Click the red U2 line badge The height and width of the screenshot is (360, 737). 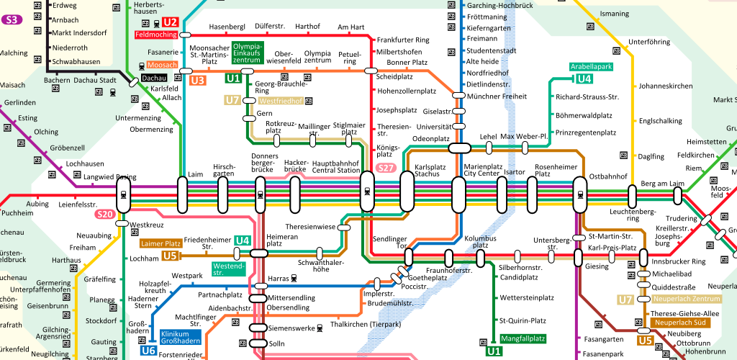[170, 22]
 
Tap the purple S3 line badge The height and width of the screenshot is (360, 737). [12, 19]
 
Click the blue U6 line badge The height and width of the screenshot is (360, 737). [148, 351]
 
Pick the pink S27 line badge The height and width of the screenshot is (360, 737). [386, 168]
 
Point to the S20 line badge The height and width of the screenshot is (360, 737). [105, 214]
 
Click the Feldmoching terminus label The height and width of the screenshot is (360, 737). [155, 35]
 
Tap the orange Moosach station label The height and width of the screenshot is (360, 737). [162, 66]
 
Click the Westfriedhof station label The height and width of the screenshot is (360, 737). [280, 101]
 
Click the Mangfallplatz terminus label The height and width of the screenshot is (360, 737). [523, 338]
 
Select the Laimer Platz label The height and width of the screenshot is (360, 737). [160, 243]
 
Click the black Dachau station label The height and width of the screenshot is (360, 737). [153, 78]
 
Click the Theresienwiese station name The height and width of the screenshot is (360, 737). [311, 226]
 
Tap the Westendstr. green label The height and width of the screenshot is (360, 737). [229, 269]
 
